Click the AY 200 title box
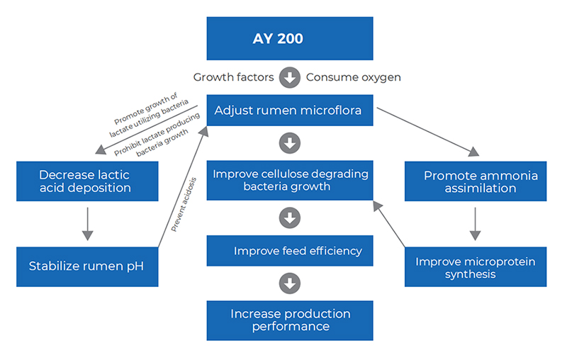(x=289, y=38)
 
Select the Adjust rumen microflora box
(x=289, y=110)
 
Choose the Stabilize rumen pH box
(x=87, y=266)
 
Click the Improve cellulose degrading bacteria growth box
(x=289, y=180)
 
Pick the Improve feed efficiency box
(x=289, y=251)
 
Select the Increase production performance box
(x=289, y=320)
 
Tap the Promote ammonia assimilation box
(x=476, y=181)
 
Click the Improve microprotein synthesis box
(x=476, y=267)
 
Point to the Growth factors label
(x=234, y=77)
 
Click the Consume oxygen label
(x=353, y=77)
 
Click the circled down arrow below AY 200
(x=289, y=77)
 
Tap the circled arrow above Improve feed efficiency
(x=289, y=218)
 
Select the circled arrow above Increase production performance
(x=289, y=283)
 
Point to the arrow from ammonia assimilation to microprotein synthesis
(x=476, y=225)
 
